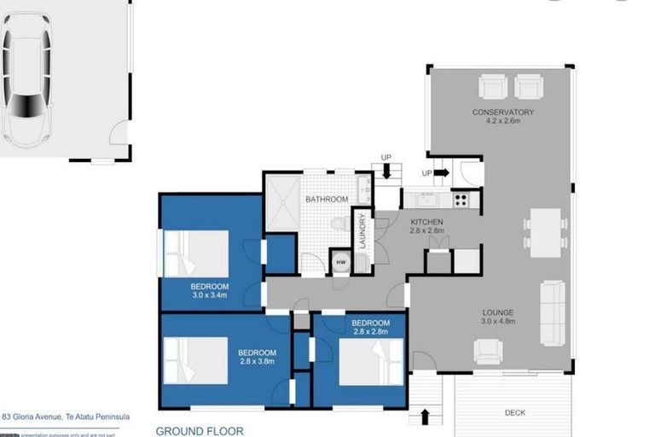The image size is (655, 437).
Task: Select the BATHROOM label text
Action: tap(327, 199)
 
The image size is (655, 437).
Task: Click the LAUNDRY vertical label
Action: tap(362, 230)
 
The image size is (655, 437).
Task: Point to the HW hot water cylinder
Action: tap(341, 262)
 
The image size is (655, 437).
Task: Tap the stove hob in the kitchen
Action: tap(461, 200)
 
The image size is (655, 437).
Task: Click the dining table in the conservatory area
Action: tap(545, 232)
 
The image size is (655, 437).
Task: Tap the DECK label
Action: tap(515, 412)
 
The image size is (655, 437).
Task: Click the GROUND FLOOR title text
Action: tap(199, 431)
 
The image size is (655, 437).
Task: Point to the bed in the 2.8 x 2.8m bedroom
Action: tap(372, 361)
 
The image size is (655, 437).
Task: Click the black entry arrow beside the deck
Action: tap(426, 417)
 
